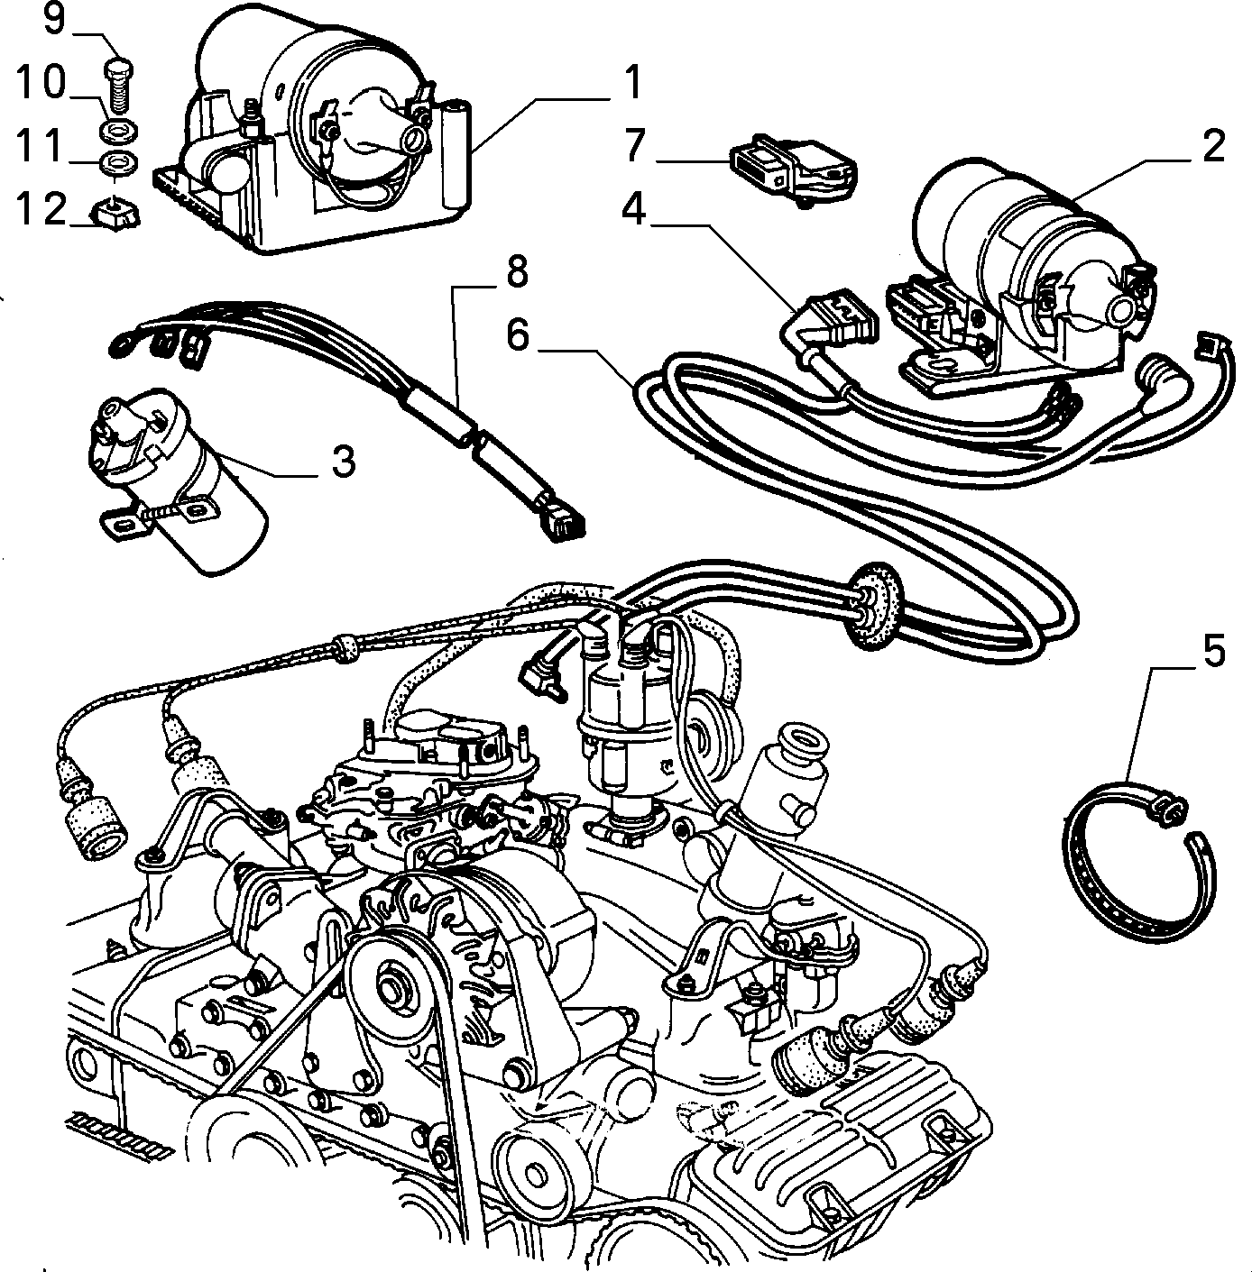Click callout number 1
coord(633,83)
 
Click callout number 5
coord(1214,651)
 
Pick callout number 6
coord(520,334)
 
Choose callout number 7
coord(634,145)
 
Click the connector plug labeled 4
coord(833,320)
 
